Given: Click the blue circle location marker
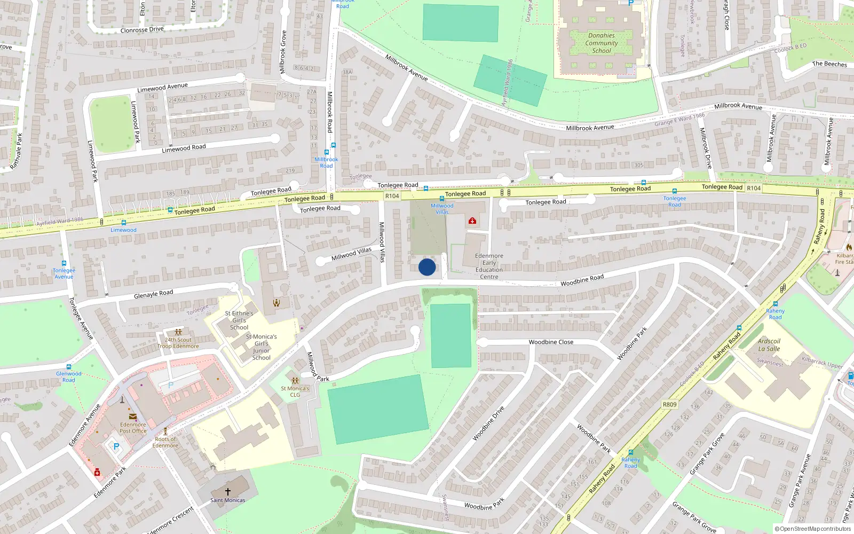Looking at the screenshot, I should (x=427, y=267).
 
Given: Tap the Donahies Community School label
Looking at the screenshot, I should (x=602, y=43).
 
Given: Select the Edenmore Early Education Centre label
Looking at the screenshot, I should (x=489, y=266).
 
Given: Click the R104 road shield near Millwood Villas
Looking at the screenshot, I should (x=392, y=196).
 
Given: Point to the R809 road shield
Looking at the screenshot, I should (x=669, y=404).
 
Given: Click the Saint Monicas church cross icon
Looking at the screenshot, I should (x=228, y=491).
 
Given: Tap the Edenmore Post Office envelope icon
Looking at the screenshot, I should (x=132, y=417).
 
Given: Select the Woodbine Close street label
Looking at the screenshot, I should (x=551, y=342).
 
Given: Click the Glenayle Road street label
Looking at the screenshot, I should (x=153, y=294).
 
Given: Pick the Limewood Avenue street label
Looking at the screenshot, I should (x=162, y=87).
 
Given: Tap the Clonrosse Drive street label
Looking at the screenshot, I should (x=142, y=30).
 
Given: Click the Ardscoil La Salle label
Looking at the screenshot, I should (x=769, y=345).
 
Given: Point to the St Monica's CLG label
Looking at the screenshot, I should (x=295, y=391).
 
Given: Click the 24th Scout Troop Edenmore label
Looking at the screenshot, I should (x=178, y=343).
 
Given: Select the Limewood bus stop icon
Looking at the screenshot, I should (x=124, y=223).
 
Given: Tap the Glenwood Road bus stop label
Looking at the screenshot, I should (x=69, y=376).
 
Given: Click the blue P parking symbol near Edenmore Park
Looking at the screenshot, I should (x=116, y=446).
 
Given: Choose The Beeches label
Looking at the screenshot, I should (x=829, y=64).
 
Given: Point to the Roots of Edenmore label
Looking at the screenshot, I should (x=165, y=442).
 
